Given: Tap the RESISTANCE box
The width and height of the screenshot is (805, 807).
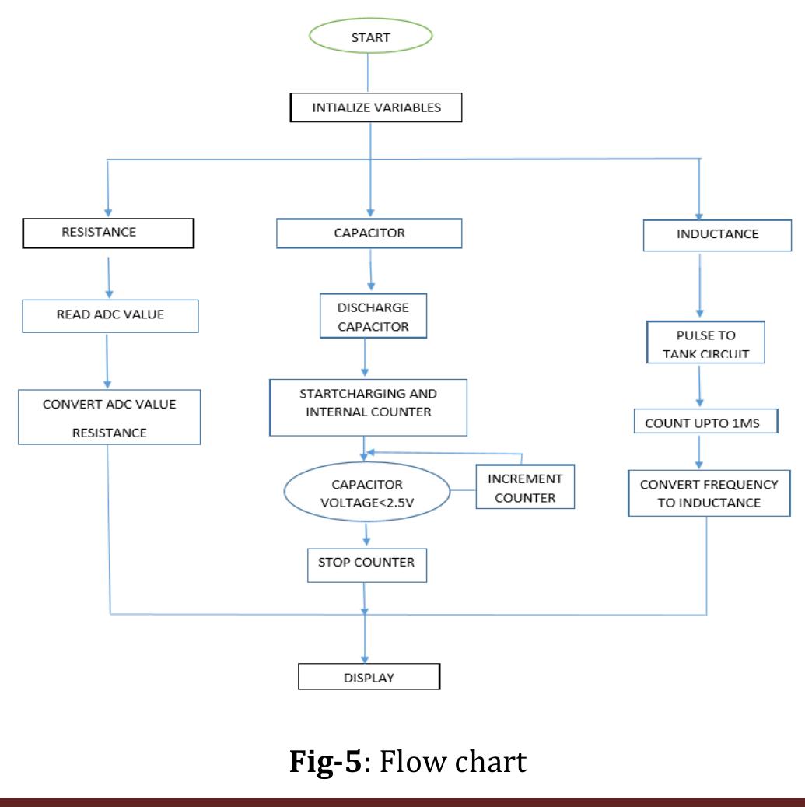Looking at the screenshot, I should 109,233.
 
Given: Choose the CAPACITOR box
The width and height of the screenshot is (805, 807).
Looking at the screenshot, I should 369,233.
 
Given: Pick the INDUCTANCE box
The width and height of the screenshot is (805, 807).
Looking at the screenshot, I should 702,234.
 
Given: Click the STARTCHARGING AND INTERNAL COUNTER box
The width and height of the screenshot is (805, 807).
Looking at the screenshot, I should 369,407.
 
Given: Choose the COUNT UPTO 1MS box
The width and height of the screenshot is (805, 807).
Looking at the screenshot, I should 701,423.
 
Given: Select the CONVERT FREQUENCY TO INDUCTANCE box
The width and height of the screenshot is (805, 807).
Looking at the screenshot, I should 708,493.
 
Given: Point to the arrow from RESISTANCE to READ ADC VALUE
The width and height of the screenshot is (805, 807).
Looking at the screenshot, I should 108,273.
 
